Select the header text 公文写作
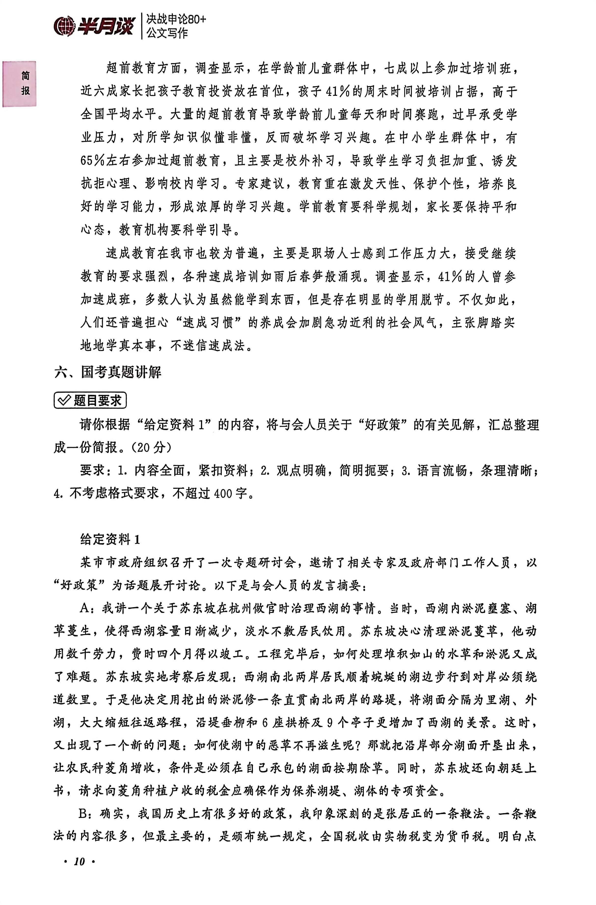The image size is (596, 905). point(167,33)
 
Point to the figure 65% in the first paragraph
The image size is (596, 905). point(93,161)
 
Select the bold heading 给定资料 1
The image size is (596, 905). point(110,539)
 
